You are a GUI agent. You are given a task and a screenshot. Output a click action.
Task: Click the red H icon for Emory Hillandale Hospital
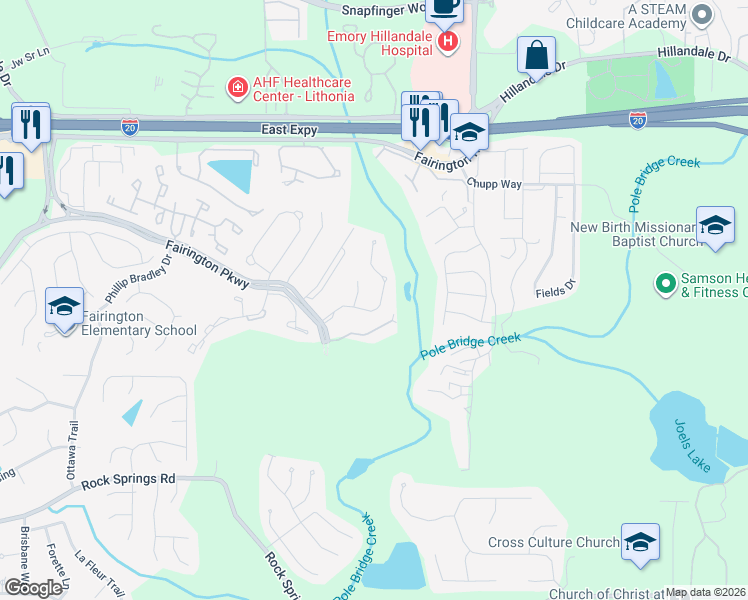(x=449, y=42)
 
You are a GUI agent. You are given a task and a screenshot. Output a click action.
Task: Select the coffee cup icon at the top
(x=445, y=9)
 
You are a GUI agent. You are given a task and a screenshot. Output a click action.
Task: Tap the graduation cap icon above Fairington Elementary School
(x=64, y=305)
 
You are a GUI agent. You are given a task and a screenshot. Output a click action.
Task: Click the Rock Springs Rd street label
(x=128, y=479)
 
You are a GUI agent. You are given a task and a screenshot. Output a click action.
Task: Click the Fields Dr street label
(x=556, y=288)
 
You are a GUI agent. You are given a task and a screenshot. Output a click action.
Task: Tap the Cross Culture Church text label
(x=553, y=543)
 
